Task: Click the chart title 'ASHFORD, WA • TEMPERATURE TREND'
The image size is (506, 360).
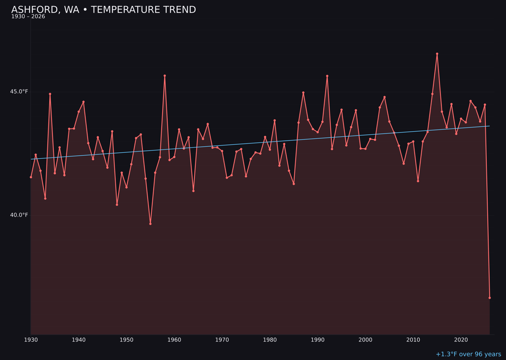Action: click(x=104, y=10)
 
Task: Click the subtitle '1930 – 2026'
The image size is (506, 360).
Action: click(x=28, y=17)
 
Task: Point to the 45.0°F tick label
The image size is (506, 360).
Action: click(x=19, y=91)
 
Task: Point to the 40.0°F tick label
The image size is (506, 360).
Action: click(x=19, y=215)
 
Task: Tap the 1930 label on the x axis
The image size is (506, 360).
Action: click(x=31, y=340)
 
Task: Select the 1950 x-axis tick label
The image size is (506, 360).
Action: click(x=126, y=340)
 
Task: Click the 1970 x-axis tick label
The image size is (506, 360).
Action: click(x=222, y=340)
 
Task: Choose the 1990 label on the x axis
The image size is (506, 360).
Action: click(x=318, y=340)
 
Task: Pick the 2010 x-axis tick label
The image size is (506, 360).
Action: click(x=413, y=340)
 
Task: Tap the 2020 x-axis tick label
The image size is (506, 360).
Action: click(x=461, y=340)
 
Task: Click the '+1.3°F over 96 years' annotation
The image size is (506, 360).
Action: click(x=468, y=354)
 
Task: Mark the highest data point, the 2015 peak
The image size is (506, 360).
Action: click(x=437, y=54)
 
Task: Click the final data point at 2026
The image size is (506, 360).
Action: click(x=490, y=298)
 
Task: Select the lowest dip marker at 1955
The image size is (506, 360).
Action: click(x=150, y=224)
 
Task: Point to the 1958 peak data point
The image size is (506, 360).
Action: click(x=164, y=75)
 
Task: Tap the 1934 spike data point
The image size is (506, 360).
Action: click(x=50, y=94)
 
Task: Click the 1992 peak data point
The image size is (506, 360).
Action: click(x=327, y=76)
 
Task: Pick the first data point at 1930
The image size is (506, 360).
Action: click(x=31, y=177)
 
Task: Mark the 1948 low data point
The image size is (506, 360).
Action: click(x=117, y=204)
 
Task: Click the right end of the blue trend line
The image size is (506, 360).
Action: click(x=489, y=126)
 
